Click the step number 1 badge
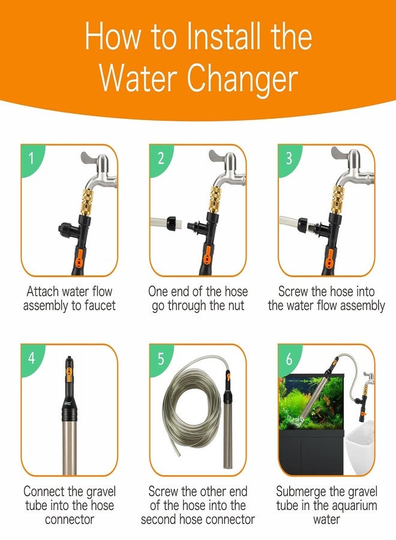[32, 159]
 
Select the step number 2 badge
[161, 159]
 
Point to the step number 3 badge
[289, 159]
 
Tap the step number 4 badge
[32, 359]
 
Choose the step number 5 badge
[161, 359]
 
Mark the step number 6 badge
[289, 359]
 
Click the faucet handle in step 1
[91, 160]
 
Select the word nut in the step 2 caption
[233, 306]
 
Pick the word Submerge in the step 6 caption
[302, 492]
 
